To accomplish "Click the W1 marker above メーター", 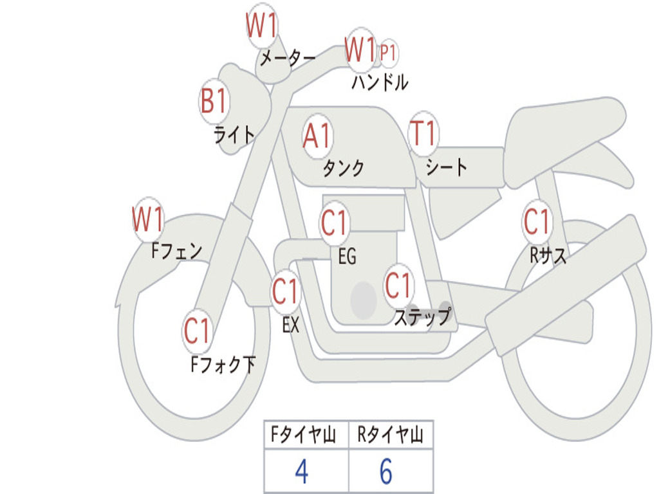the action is click(262, 26).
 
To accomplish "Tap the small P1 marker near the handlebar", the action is click(388, 53).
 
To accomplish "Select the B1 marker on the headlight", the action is click(214, 101).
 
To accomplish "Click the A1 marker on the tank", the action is click(317, 136).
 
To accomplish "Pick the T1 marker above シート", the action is click(423, 134).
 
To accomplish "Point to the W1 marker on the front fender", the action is click(148, 219).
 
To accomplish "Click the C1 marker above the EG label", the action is click(335, 223).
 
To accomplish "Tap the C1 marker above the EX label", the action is click(285, 291).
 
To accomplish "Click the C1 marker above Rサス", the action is click(537, 221).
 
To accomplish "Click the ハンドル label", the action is click(380, 82).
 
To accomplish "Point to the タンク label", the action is click(344, 169).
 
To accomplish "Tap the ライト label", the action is click(234, 135).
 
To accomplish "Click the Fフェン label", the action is click(176, 252).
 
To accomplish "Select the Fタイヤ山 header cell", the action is click(306, 435).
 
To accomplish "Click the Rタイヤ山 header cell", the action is click(391, 435).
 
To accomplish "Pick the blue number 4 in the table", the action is click(302, 471).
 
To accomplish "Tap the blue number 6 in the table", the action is click(386, 471).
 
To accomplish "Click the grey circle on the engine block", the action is click(364, 300).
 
